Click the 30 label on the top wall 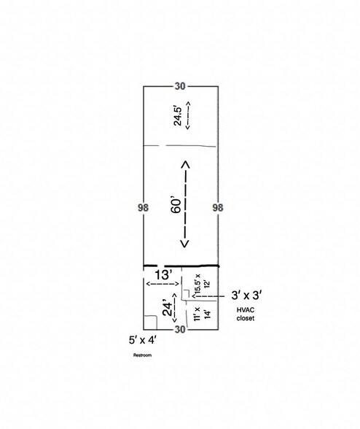[180, 86]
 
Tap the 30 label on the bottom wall [180, 330]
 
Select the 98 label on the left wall [143, 208]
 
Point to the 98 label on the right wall [218, 208]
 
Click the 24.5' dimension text [178, 116]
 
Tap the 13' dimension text [164, 275]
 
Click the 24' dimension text [168, 309]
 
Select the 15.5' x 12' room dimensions [202, 283]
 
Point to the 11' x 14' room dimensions [203, 314]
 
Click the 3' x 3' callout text [247, 295]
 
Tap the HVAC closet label [246, 314]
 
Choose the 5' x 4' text [143, 340]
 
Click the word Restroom [142, 355]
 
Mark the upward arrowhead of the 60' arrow [185, 164]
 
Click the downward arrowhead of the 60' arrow [185, 244]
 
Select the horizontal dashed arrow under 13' [163, 284]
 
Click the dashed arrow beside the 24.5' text [188, 115]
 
